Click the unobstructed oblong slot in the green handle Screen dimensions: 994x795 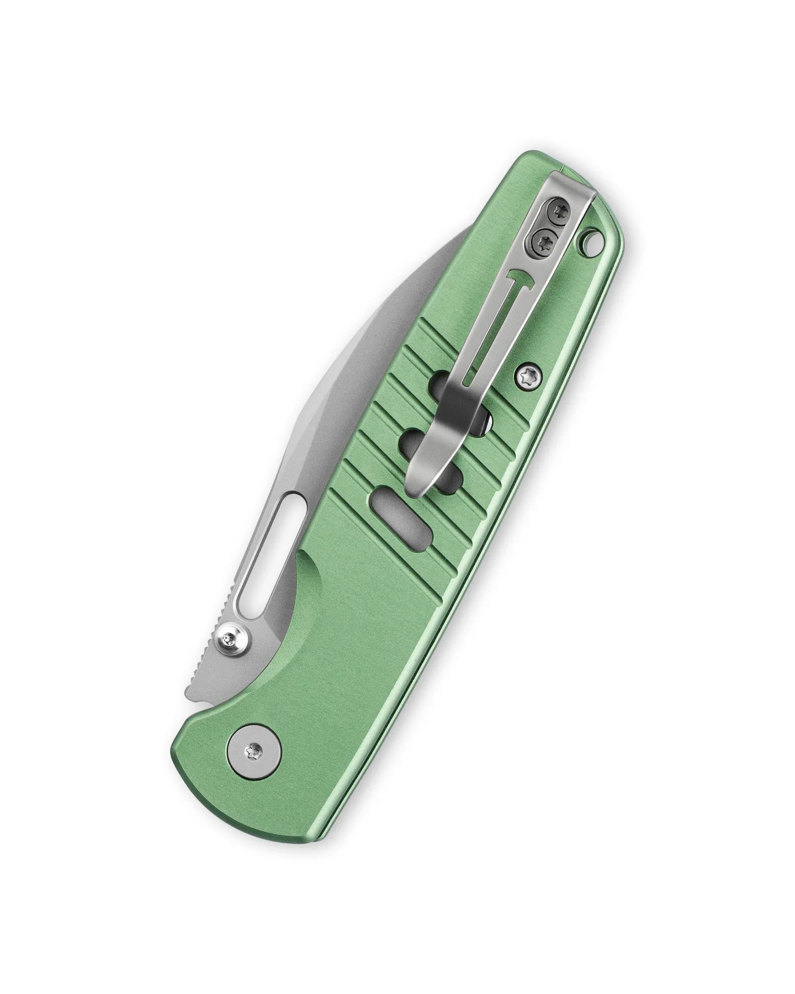click(393, 512)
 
